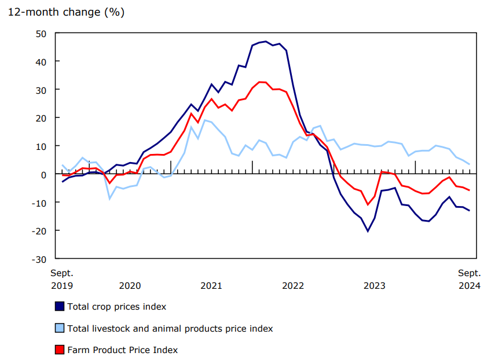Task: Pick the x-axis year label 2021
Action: click(x=211, y=286)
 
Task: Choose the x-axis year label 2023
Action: click(x=374, y=286)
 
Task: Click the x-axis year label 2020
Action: click(x=130, y=286)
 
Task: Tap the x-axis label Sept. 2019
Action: click(x=62, y=279)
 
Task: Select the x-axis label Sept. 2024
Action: click(x=470, y=279)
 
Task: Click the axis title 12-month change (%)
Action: click(x=66, y=12)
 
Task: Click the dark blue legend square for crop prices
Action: click(x=59, y=307)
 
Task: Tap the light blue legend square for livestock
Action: click(x=59, y=328)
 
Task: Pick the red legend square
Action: click(x=59, y=350)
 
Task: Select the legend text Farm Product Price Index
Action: click(x=123, y=350)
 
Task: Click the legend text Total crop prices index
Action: click(x=117, y=307)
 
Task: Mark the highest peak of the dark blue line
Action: click(x=266, y=42)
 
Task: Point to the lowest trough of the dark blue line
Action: click(x=368, y=232)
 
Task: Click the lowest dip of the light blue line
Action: click(x=109, y=199)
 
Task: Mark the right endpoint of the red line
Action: click(x=469, y=190)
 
